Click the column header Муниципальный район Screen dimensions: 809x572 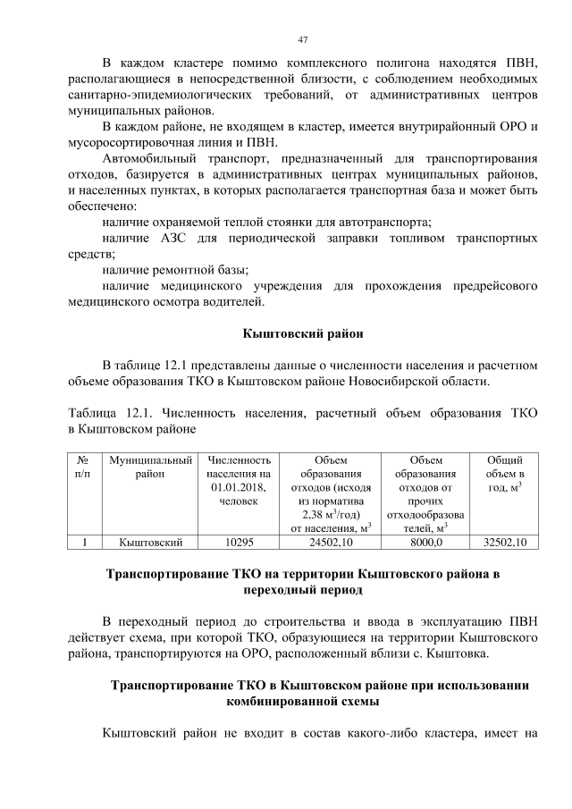coord(149,466)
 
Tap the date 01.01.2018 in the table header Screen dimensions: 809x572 coord(238,486)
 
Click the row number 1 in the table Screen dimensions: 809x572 coord(83,542)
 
